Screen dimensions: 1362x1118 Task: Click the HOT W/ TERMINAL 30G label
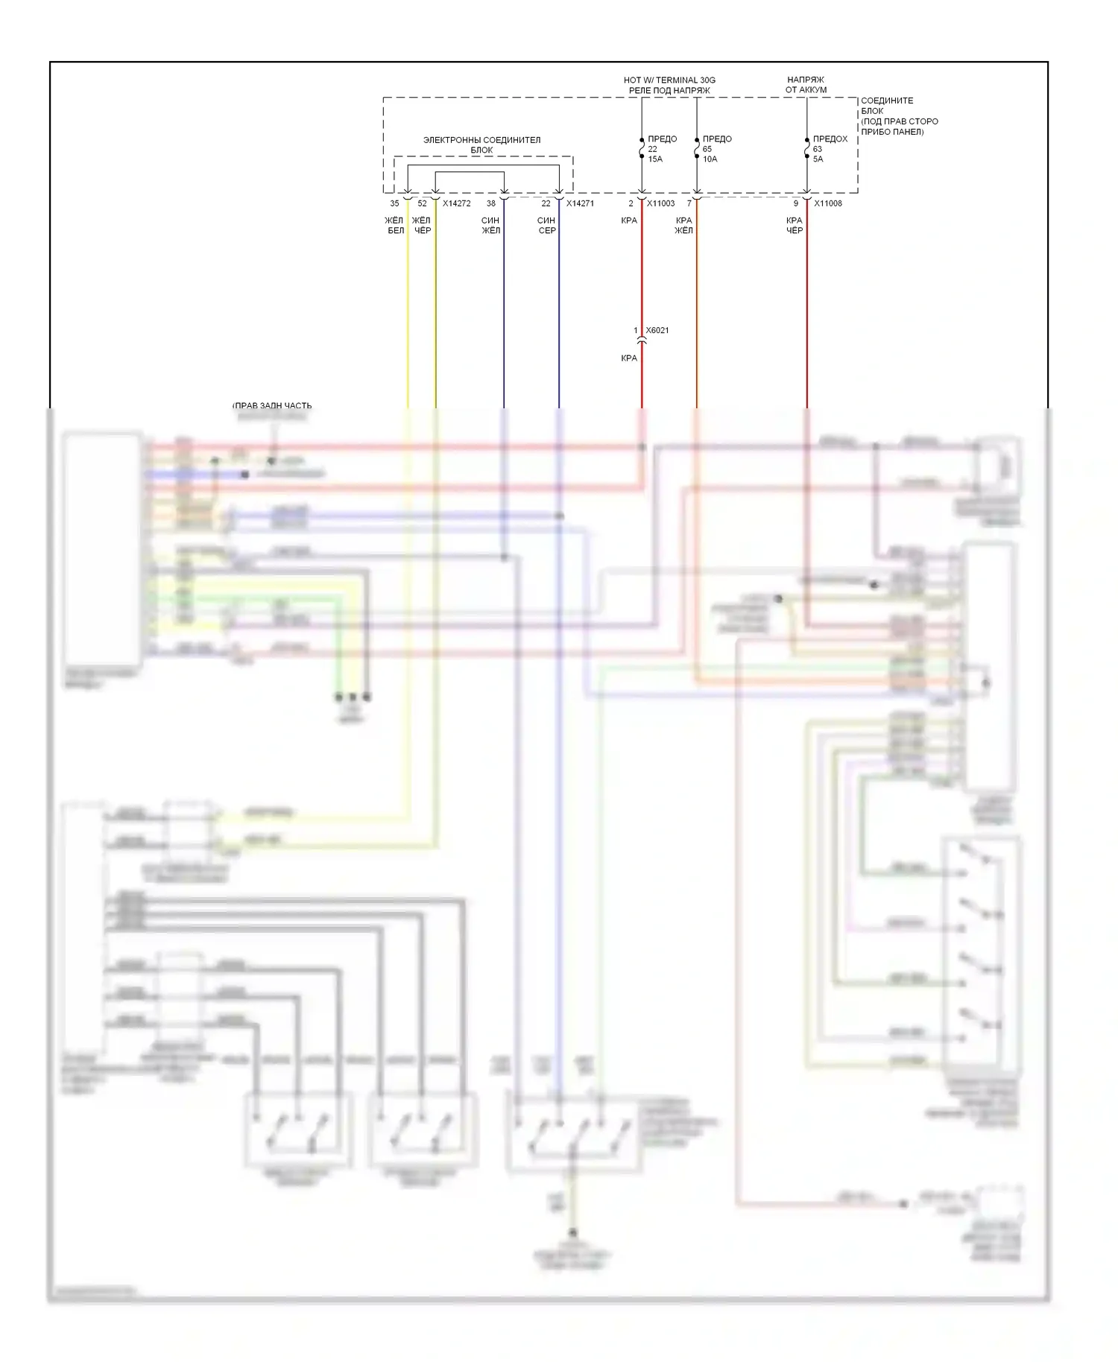tap(669, 80)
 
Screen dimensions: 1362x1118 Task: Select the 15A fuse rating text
tap(655, 159)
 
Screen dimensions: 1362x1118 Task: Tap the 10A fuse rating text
tap(710, 159)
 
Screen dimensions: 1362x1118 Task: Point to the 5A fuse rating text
tap(818, 159)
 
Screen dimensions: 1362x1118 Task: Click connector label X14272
tap(456, 203)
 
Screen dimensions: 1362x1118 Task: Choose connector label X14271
tap(580, 203)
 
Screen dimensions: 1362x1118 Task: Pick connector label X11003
tap(660, 203)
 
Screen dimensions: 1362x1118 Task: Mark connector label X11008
tap(827, 203)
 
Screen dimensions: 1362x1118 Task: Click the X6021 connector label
tap(657, 330)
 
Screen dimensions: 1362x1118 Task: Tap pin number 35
tap(394, 203)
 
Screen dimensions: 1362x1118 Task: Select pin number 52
tap(422, 203)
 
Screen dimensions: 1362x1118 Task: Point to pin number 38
tap(490, 203)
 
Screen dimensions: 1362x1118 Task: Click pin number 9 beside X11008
tap(795, 203)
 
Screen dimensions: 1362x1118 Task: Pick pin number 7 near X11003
tap(689, 203)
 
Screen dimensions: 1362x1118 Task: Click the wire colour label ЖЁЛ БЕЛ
tap(394, 226)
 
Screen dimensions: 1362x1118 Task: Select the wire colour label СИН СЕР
tap(546, 226)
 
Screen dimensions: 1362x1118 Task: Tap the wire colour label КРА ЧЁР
tap(795, 226)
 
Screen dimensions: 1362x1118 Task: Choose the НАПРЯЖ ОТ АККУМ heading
tap(806, 85)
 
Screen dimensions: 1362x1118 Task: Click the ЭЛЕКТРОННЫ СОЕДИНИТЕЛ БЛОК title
tap(481, 145)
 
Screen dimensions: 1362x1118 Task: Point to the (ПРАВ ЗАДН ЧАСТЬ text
tap(272, 406)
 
